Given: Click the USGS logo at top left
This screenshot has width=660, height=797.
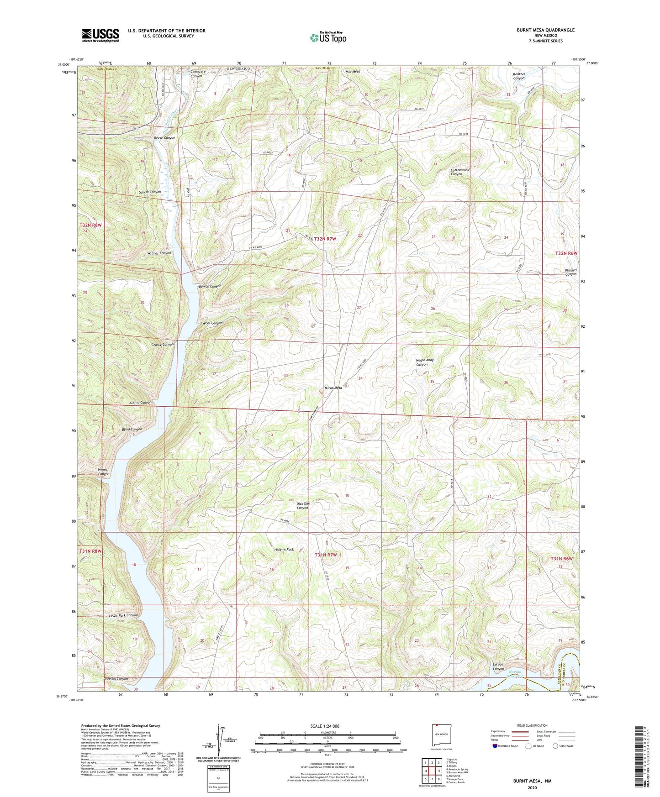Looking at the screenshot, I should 100,35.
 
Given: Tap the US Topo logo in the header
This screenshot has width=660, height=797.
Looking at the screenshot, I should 328,37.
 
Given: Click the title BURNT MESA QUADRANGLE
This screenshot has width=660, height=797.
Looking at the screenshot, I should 545,30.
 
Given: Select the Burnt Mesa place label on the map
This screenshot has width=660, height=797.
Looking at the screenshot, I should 333,388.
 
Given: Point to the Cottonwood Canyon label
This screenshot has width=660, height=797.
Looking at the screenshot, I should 459,172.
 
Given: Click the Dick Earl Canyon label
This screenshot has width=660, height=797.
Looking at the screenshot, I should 303,505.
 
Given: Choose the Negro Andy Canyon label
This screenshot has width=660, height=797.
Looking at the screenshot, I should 424,362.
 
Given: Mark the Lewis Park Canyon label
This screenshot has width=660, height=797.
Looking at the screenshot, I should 123,615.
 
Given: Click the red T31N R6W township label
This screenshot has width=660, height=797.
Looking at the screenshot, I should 561,559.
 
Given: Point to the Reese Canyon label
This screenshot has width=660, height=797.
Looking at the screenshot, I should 164,137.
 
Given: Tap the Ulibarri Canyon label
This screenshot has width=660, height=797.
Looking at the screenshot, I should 570,272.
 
